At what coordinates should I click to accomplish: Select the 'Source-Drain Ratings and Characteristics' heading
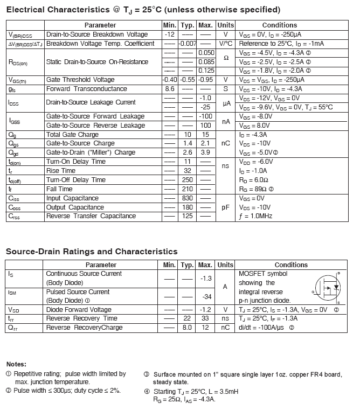coord(92,252)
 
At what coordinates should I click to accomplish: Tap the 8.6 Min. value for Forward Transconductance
coord(170,89)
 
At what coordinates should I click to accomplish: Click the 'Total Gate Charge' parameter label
coord(72,134)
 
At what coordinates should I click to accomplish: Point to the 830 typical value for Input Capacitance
coord(188,198)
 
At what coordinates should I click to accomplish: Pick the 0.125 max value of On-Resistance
coord(206,71)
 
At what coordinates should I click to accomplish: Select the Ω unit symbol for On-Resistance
coord(226,58)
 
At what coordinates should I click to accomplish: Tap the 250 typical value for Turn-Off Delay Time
coord(188,180)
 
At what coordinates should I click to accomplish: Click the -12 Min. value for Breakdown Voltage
coord(170,34)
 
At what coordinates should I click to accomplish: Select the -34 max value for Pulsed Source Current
coord(205,296)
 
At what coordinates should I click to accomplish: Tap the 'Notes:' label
coord(16,364)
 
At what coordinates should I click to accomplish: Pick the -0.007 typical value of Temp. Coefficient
coord(188,43)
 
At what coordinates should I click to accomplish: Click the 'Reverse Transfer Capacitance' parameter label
coord(91,216)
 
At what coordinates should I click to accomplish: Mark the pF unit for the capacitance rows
coord(226,207)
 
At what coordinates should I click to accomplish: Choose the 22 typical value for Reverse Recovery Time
coord(188,318)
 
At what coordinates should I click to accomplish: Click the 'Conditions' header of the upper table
coord(279,25)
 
